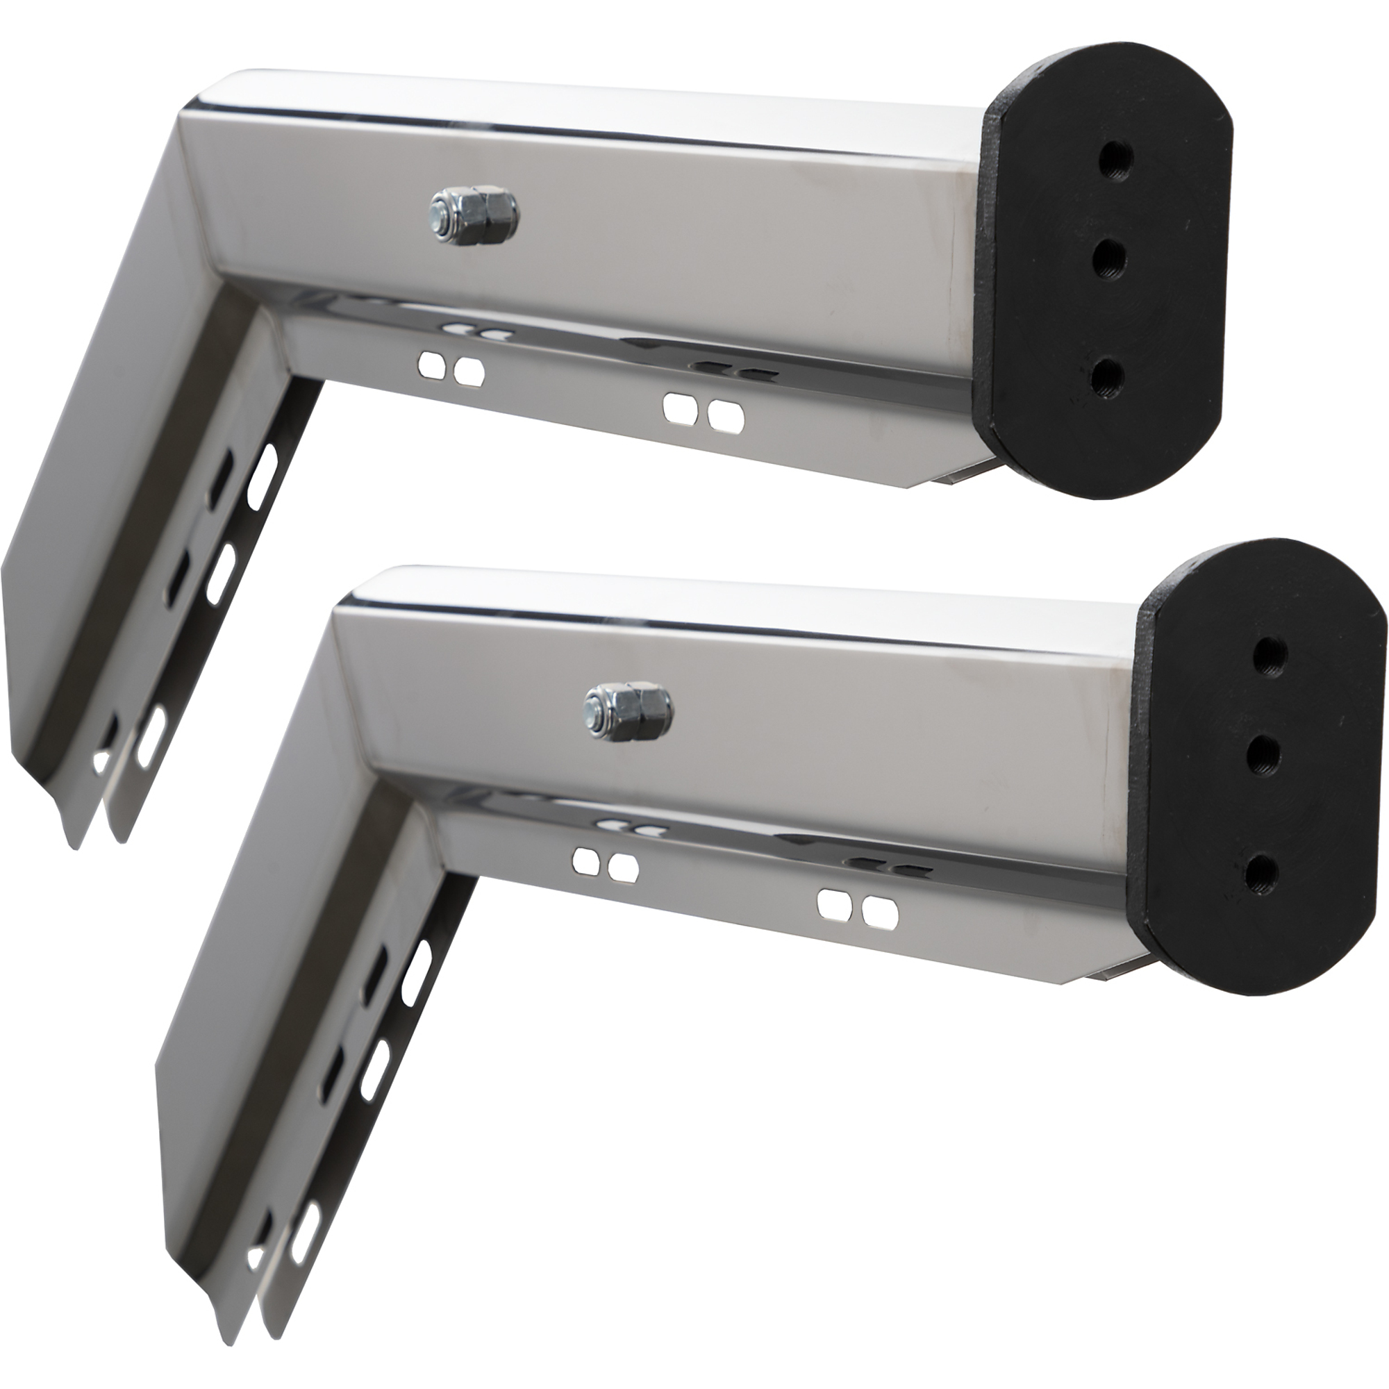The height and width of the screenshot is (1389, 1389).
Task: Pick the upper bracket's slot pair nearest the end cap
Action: (704, 411)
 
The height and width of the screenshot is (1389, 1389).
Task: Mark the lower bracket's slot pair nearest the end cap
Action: (858, 907)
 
